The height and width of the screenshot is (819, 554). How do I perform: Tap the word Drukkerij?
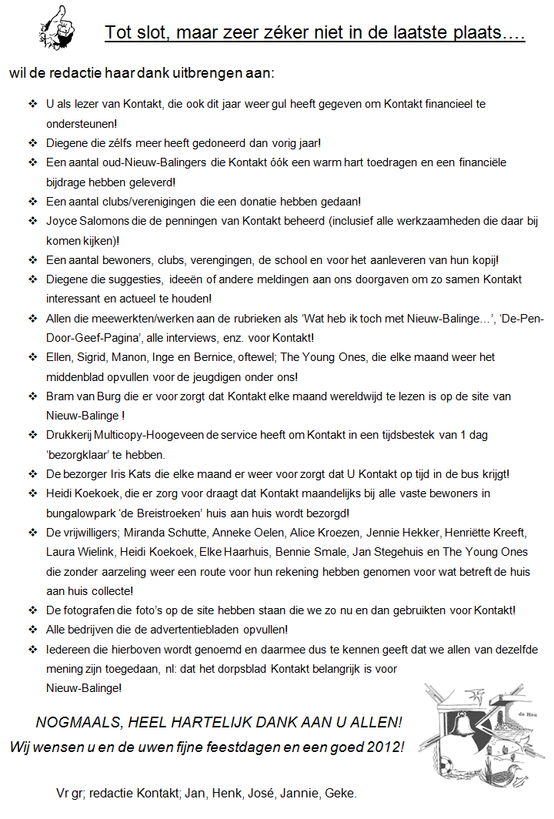[72, 435]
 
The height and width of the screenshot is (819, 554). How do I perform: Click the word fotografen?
[96, 610]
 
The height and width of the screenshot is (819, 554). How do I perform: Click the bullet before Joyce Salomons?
[32, 221]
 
